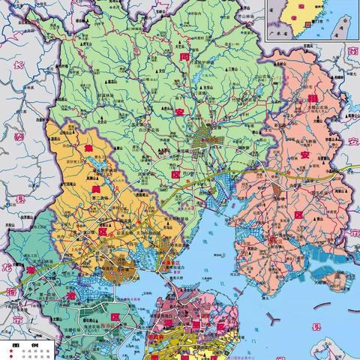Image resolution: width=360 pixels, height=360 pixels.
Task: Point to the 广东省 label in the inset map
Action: (278, 33)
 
